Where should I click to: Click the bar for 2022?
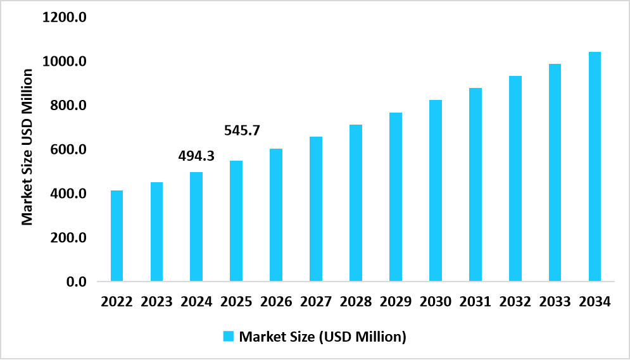(x=117, y=235)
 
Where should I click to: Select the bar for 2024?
(x=196, y=227)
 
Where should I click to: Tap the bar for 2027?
(x=316, y=209)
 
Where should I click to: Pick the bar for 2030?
(x=436, y=190)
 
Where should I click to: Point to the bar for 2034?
(x=595, y=166)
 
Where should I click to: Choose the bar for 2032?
(x=515, y=178)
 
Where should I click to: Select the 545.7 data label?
(x=243, y=131)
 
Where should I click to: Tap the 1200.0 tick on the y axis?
(x=64, y=17)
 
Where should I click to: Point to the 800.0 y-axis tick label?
(x=64, y=106)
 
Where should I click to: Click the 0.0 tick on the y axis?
(x=73, y=282)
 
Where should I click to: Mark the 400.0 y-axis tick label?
(x=64, y=194)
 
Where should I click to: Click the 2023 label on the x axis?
(x=156, y=301)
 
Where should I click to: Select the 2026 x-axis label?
(x=276, y=301)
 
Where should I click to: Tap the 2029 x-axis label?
(x=396, y=301)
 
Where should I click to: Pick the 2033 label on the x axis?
(x=555, y=301)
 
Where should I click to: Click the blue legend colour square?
(x=229, y=336)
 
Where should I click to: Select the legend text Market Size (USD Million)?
(x=322, y=337)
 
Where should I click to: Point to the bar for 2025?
(x=236, y=221)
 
